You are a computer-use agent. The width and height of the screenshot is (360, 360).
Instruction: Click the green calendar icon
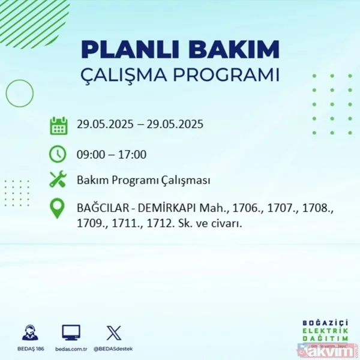click(x=58, y=126)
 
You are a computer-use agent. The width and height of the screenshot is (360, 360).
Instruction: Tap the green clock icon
click(x=58, y=154)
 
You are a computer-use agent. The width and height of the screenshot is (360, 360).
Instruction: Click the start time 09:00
click(x=89, y=154)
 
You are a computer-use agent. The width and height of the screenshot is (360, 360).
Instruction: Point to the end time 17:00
click(x=133, y=154)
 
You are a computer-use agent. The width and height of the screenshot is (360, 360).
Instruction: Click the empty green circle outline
click(x=19, y=93)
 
